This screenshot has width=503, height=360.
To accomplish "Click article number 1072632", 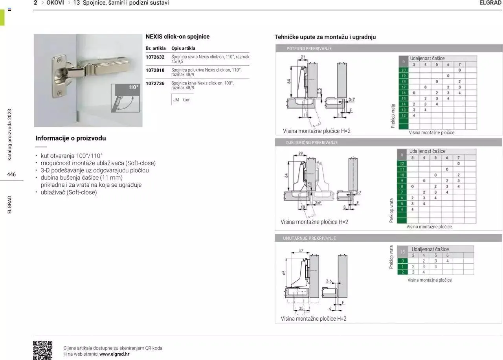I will coord(155,57).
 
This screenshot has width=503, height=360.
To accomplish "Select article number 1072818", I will coord(155,70).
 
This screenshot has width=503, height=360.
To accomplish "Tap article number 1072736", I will coord(155,83).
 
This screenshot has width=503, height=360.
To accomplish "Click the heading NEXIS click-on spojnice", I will coord(177,37).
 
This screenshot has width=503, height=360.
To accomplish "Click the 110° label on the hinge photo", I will coord(134,88).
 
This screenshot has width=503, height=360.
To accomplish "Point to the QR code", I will coord(42,350).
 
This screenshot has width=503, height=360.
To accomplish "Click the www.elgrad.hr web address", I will coord(114,354).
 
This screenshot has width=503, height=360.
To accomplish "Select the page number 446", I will coord(11,174).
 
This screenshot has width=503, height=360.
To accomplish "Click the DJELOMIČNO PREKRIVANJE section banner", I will coord(312,143).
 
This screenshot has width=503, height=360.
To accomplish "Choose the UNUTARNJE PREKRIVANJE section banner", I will coord(309,238).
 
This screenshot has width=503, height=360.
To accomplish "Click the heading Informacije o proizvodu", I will coord(70,138).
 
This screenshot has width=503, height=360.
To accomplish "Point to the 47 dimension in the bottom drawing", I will coord(301,251).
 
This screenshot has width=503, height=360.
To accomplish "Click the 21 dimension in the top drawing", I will coord(303,57).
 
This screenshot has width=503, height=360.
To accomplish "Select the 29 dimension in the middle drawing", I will coord(301,153).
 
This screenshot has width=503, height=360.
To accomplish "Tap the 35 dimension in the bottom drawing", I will coord(301,308).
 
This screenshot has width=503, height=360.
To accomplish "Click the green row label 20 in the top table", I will coord(403,70).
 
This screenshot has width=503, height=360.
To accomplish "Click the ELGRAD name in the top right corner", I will coord(490,3).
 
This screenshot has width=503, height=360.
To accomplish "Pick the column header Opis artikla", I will coord(183,48).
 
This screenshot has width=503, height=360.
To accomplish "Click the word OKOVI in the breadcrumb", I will coord(55,3).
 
